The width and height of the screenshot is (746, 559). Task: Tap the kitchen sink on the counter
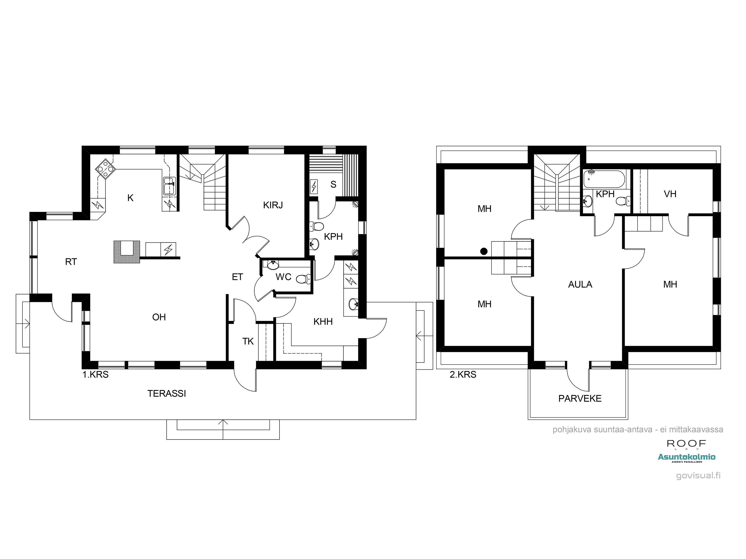(x=169, y=186)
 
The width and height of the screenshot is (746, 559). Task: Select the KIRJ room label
(x=273, y=205)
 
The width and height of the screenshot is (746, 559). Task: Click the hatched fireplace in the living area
(x=127, y=252)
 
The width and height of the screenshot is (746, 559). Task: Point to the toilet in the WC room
(x=303, y=279)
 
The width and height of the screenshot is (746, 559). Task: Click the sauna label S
(x=333, y=184)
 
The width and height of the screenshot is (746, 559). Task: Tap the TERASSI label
(x=167, y=394)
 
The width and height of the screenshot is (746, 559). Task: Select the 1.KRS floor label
(x=95, y=375)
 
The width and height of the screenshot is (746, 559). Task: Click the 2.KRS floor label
(x=463, y=375)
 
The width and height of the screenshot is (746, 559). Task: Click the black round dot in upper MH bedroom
(x=484, y=251)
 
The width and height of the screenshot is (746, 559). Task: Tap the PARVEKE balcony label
(x=580, y=399)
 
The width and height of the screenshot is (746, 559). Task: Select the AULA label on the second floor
(x=580, y=284)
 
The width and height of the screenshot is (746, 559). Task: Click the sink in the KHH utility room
(x=353, y=304)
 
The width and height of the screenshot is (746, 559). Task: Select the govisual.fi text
(x=698, y=476)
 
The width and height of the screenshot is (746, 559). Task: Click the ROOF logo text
(x=686, y=443)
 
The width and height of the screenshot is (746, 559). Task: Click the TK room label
(x=248, y=341)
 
